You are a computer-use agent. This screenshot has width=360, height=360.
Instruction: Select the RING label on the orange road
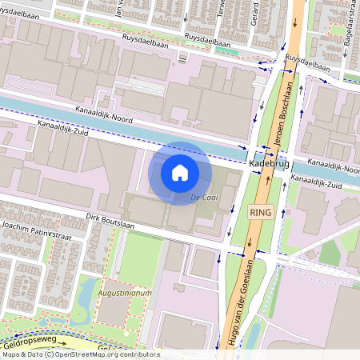coord(261,212)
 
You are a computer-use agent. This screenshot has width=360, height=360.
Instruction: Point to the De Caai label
coord(204,197)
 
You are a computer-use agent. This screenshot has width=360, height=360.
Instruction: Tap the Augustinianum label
coord(125,294)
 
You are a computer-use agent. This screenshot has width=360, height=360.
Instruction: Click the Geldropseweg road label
coord(32,341)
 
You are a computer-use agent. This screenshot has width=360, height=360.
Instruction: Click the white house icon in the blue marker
coord(180,172)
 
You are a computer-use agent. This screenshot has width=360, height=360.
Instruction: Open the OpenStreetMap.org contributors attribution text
coord(104,354)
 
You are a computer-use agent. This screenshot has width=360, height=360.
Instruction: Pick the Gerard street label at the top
coord(255,11)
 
